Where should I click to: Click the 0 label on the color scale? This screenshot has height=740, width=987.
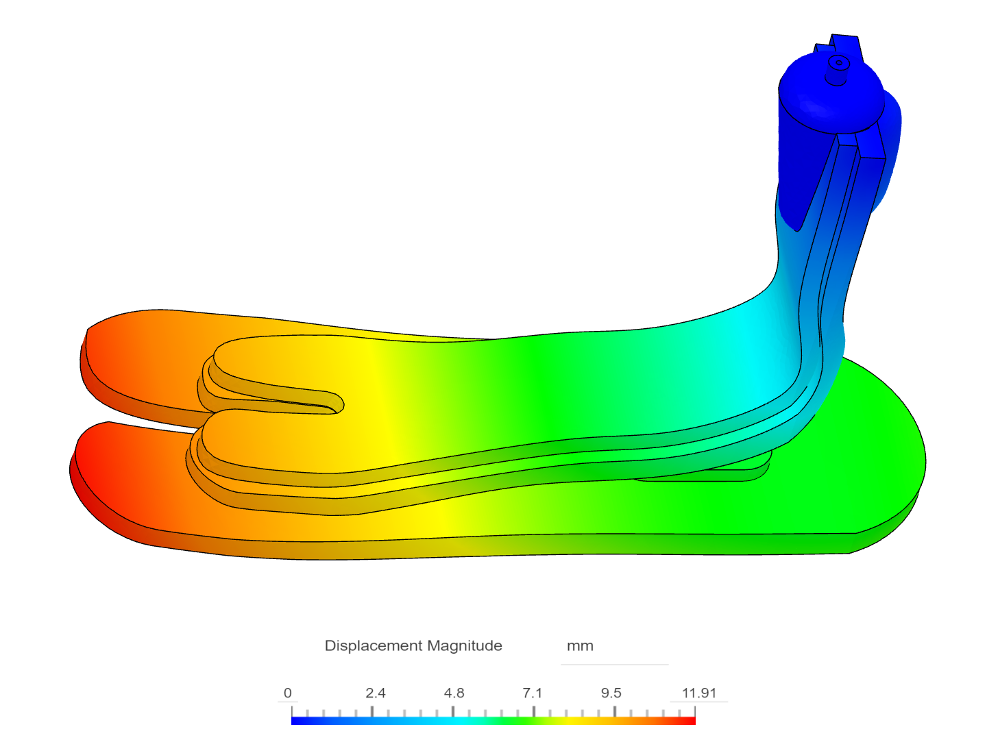click(287, 693)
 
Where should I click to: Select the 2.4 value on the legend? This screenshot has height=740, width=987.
click(376, 693)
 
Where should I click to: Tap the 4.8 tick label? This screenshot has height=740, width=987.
click(454, 693)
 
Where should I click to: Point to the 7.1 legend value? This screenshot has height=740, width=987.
click(533, 693)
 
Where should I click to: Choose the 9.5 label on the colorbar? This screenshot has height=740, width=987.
click(611, 693)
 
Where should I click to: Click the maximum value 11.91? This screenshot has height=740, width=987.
click(698, 693)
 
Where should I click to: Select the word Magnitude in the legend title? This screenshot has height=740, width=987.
click(465, 646)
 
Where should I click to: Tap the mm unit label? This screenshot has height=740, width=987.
click(580, 646)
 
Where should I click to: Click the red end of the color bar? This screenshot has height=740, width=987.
click(690, 721)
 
